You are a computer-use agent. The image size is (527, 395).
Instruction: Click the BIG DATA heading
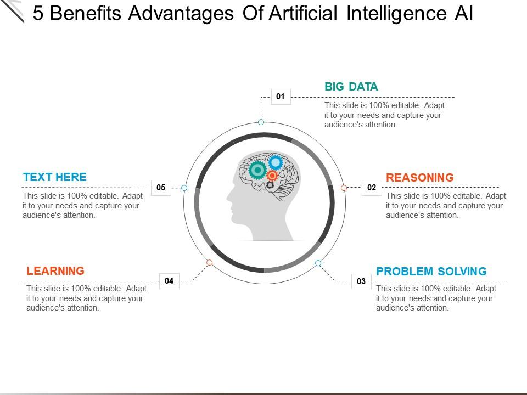(351, 86)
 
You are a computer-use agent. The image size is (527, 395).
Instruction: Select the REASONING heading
(420, 177)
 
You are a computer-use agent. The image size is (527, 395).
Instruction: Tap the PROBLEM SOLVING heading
(431, 271)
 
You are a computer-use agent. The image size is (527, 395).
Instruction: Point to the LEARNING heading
(55, 270)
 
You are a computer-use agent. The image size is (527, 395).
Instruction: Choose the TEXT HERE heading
(55, 177)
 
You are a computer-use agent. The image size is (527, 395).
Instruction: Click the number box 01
(281, 97)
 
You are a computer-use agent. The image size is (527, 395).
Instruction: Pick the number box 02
(372, 188)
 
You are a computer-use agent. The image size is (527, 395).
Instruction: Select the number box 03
(361, 281)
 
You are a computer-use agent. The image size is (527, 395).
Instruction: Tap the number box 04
(169, 281)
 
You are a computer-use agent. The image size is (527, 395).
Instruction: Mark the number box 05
(161, 188)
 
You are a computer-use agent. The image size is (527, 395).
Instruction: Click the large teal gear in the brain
(257, 170)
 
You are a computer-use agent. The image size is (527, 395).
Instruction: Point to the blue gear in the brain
(276, 162)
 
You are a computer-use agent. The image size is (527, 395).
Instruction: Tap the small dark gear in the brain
(270, 185)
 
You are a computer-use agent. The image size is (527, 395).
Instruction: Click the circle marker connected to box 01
(261, 122)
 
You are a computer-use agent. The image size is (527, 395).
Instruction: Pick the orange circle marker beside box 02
(344, 188)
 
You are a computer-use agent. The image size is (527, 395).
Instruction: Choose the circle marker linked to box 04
(209, 263)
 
